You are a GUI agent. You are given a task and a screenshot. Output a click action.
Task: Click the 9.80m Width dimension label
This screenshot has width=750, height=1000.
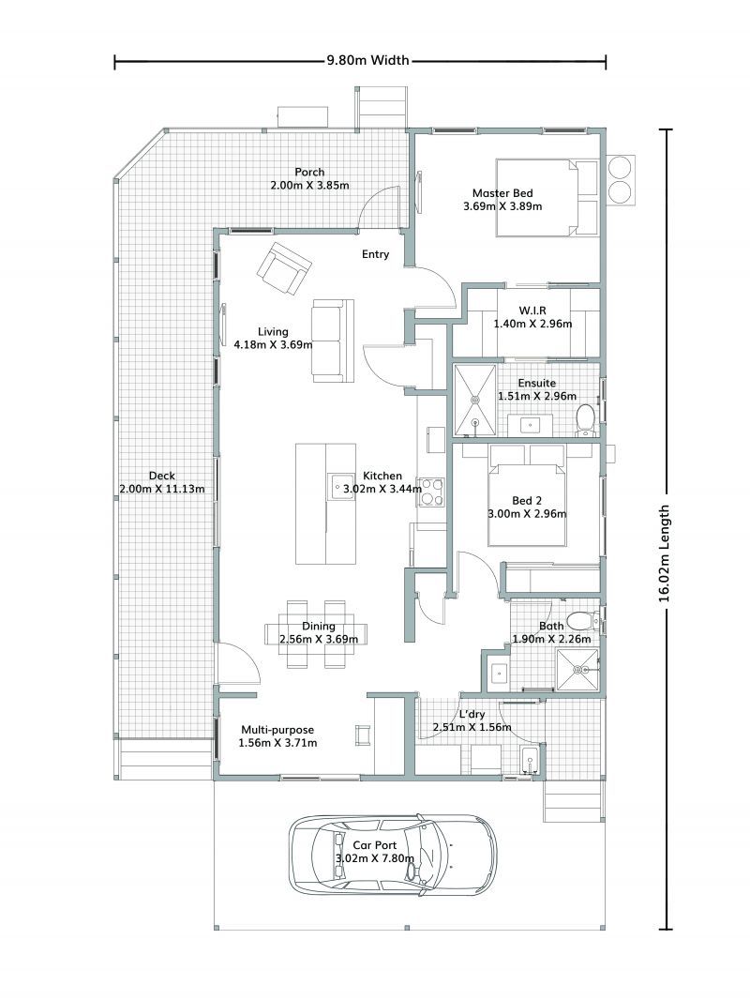367,62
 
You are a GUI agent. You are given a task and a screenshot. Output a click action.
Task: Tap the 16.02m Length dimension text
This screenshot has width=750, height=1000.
665,553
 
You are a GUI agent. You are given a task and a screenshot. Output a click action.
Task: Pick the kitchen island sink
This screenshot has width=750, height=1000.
337,487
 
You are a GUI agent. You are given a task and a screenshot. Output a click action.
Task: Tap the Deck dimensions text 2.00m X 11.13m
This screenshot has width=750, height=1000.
162,489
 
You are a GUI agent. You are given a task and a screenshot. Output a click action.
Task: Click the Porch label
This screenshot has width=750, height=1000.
309,172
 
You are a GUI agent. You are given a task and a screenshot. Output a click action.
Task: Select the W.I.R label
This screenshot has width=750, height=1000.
532,311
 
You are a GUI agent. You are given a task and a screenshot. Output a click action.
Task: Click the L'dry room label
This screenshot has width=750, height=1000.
471,714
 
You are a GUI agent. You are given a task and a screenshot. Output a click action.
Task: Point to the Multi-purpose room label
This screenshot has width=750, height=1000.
277,730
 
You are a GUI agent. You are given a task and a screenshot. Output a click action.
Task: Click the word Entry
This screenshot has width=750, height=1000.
376,254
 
